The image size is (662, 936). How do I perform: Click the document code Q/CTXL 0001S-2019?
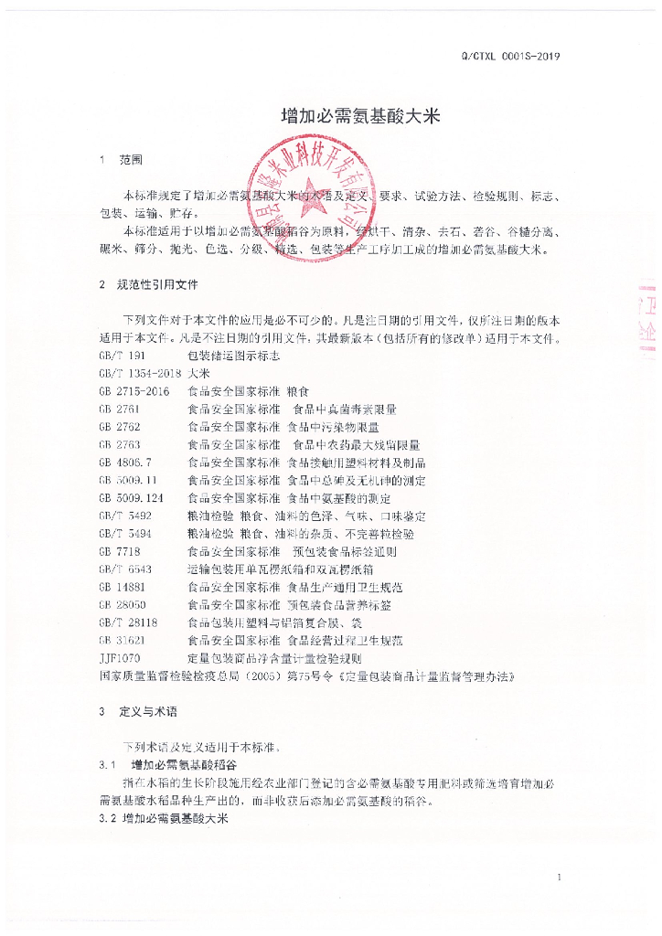(518, 56)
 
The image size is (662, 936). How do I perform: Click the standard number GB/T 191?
(121, 356)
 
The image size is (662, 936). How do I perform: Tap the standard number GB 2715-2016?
(133, 391)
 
